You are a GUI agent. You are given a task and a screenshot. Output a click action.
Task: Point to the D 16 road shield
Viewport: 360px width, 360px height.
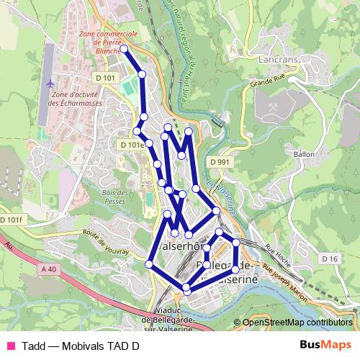point(330,258)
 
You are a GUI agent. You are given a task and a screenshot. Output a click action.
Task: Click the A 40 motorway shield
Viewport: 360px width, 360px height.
point(49,269)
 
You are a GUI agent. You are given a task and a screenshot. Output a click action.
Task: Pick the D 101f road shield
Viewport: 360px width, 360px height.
point(12,220)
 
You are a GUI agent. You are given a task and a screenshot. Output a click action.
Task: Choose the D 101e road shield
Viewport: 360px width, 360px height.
point(132,145)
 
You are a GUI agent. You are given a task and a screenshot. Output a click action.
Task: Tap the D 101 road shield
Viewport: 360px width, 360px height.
point(104,78)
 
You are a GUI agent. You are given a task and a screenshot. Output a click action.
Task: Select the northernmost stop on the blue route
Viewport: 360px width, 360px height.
point(124,49)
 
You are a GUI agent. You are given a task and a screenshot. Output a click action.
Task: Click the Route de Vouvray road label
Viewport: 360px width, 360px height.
point(105,243)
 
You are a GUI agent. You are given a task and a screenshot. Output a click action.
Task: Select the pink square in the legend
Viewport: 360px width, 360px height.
point(10,345)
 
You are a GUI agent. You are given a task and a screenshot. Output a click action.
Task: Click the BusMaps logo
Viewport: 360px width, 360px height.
point(330,344)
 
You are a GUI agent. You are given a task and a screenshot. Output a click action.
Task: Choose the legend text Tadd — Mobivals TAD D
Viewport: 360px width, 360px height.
point(81,345)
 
